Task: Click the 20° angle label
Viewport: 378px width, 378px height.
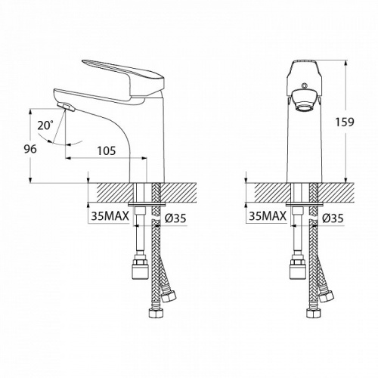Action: point(45,125)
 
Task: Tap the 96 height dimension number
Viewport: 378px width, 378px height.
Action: point(30,149)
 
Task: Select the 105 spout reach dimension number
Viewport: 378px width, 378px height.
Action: point(107,150)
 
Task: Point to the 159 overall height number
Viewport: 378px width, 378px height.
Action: point(345,122)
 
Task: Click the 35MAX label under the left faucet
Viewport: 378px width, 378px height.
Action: point(110,216)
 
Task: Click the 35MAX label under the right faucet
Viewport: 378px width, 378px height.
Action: point(268,216)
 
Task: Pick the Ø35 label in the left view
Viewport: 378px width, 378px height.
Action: point(175,218)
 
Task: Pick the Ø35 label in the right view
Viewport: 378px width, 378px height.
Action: point(333,218)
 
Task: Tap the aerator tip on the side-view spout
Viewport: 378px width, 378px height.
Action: point(66,107)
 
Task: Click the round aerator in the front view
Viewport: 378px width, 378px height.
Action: point(305,101)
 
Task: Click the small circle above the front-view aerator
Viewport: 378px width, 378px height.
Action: point(305,86)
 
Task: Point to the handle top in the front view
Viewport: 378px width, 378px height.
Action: point(305,66)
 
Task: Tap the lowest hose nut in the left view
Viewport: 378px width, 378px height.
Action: point(155,313)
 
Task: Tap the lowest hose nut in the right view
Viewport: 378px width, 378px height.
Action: point(312,313)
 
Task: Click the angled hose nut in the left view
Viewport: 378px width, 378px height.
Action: point(169,296)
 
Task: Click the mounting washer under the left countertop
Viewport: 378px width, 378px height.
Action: point(147,204)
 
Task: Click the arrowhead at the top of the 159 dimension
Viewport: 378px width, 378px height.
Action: point(345,63)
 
